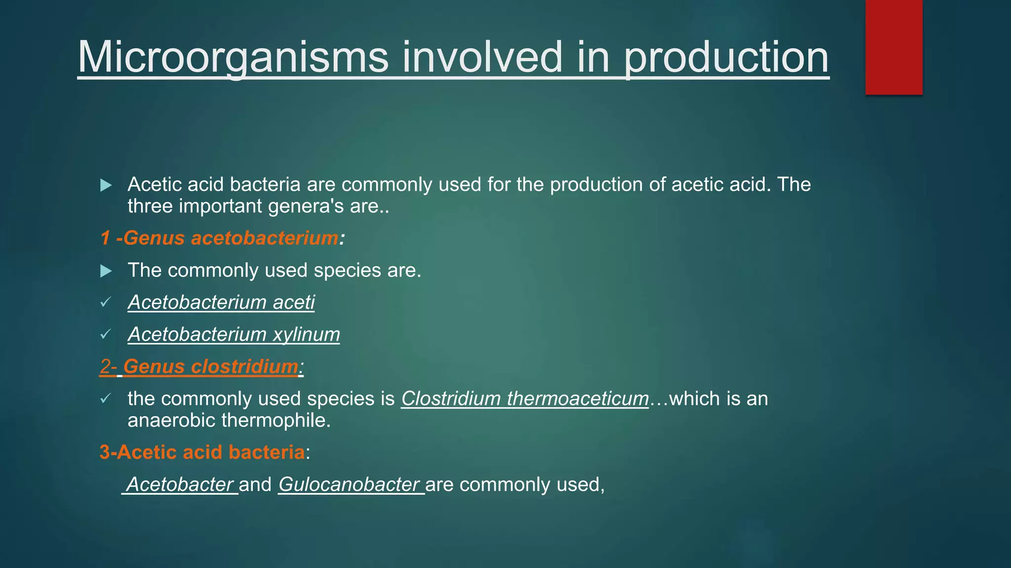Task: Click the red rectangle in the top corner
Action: (894, 47)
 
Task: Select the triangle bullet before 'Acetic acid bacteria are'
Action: (106, 185)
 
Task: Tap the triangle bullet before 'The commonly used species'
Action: (106, 271)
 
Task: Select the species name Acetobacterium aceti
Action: (221, 302)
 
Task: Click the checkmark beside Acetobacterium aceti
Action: (105, 302)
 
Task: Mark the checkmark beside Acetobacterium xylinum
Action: (105, 334)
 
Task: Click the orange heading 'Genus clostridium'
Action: (211, 366)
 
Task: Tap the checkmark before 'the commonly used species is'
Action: (105, 398)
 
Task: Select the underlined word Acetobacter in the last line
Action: (180, 484)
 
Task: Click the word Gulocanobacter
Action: (349, 484)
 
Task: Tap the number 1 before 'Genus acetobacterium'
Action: (105, 238)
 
